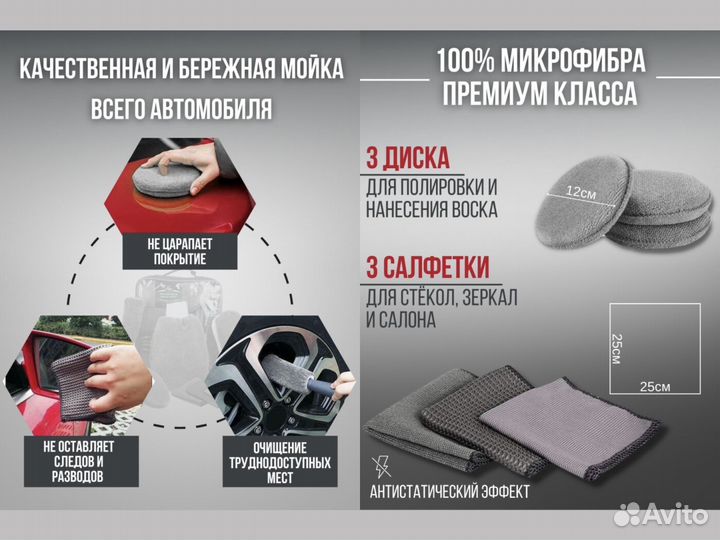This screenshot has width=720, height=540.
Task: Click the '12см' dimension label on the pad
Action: click(x=580, y=192)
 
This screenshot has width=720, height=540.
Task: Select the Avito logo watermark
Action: click(x=659, y=513)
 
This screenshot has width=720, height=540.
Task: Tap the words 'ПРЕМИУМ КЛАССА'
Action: click(x=541, y=95)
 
